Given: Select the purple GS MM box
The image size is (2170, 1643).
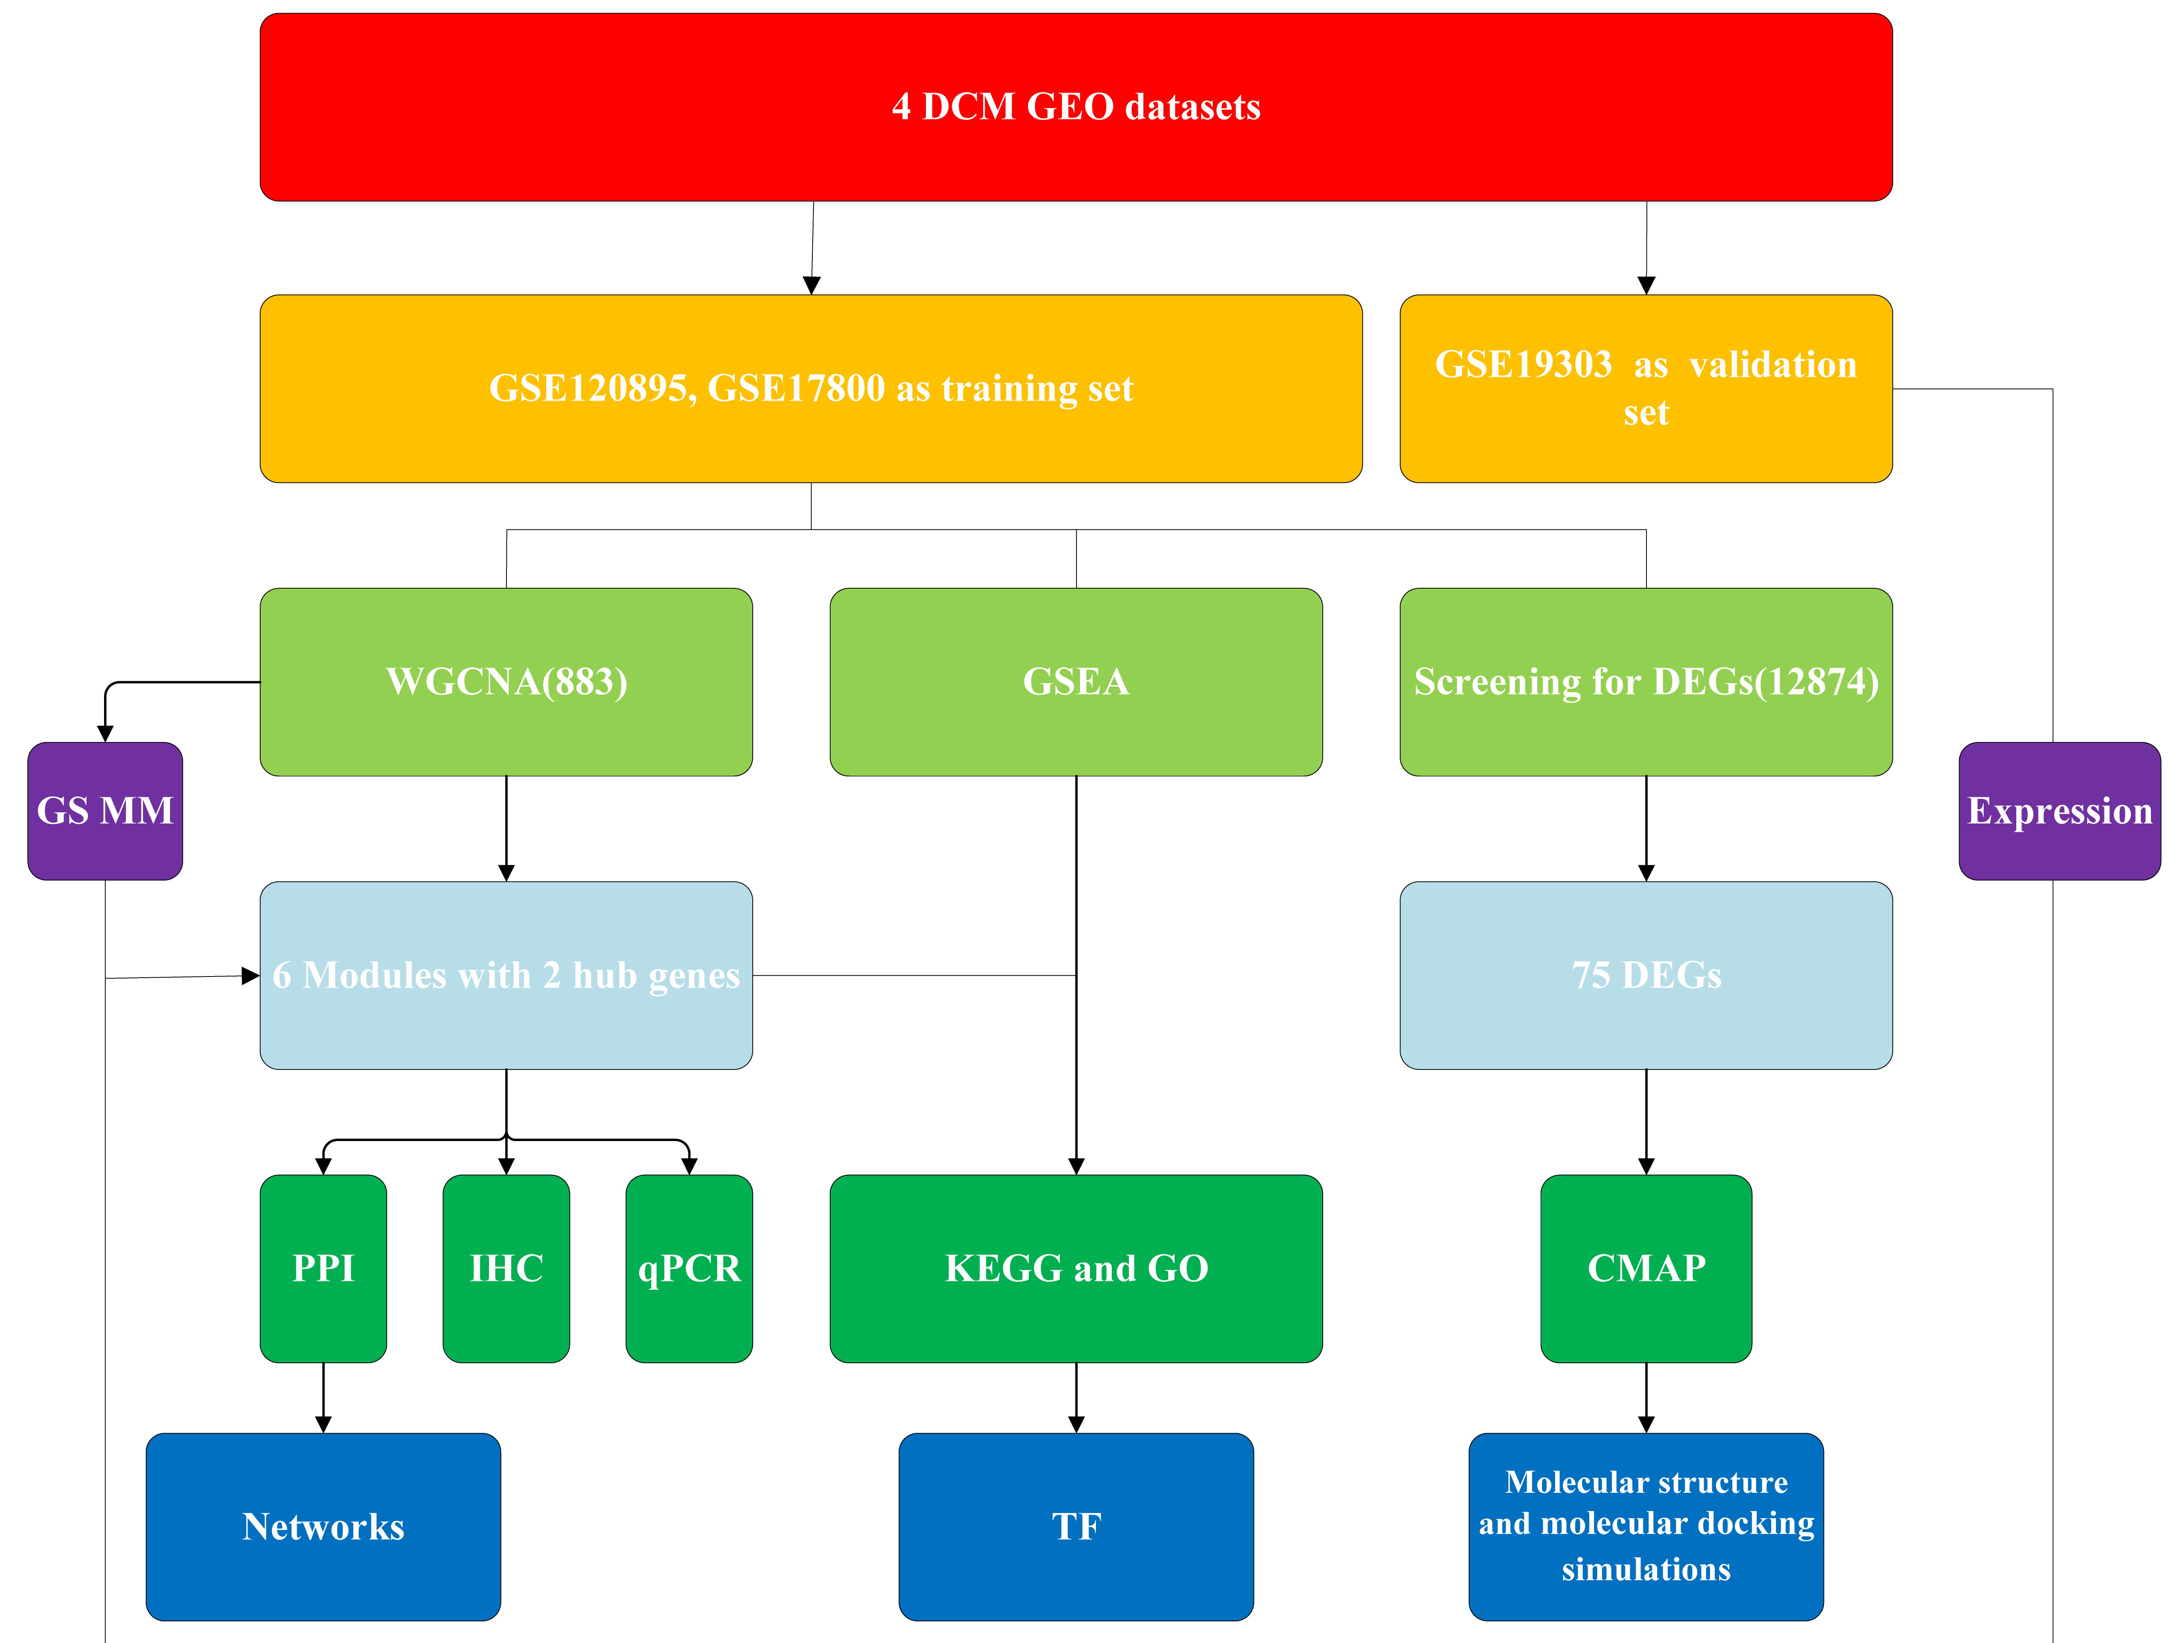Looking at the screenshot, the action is (105, 811).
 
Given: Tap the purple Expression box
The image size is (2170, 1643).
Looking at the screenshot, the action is (2059, 811).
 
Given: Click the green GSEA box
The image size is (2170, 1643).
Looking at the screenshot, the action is (1076, 682).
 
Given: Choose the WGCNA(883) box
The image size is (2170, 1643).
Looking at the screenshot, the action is (506, 682).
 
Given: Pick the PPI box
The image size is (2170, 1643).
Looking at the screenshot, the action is (323, 1268).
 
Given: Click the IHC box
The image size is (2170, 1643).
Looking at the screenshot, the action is (506, 1268).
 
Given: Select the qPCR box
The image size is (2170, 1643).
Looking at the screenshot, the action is (689, 1268).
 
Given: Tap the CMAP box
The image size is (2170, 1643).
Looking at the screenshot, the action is (1646, 1268).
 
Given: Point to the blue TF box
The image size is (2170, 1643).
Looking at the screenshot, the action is (1076, 1526).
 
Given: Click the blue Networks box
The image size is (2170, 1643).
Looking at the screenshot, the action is (323, 1526).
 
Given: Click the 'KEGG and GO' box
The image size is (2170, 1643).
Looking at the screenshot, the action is (1076, 1268).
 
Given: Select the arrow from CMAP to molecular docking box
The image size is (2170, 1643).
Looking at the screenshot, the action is (1646, 1398).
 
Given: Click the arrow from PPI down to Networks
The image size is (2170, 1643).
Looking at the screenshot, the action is (323, 1398).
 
